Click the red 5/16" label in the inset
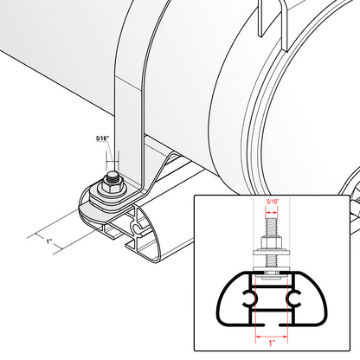(x=272, y=202)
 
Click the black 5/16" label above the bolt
(x=102, y=138)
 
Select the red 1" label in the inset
(x=272, y=344)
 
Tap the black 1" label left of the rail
(x=49, y=241)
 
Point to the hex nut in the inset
(x=272, y=242)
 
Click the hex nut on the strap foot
(x=112, y=186)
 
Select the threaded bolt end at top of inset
(x=272, y=228)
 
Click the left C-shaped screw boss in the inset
(x=249, y=299)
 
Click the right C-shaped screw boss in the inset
(x=293, y=299)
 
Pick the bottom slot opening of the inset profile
(x=272, y=325)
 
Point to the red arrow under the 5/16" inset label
(x=272, y=213)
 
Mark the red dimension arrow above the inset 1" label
(x=272, y=336)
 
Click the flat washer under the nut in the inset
(x=272, y=252)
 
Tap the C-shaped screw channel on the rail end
(x=138, y=228)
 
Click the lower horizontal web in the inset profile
(x=272, y=311)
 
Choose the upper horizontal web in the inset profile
(x=272, y=286)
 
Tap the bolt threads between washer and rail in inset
(x=272, y=261)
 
